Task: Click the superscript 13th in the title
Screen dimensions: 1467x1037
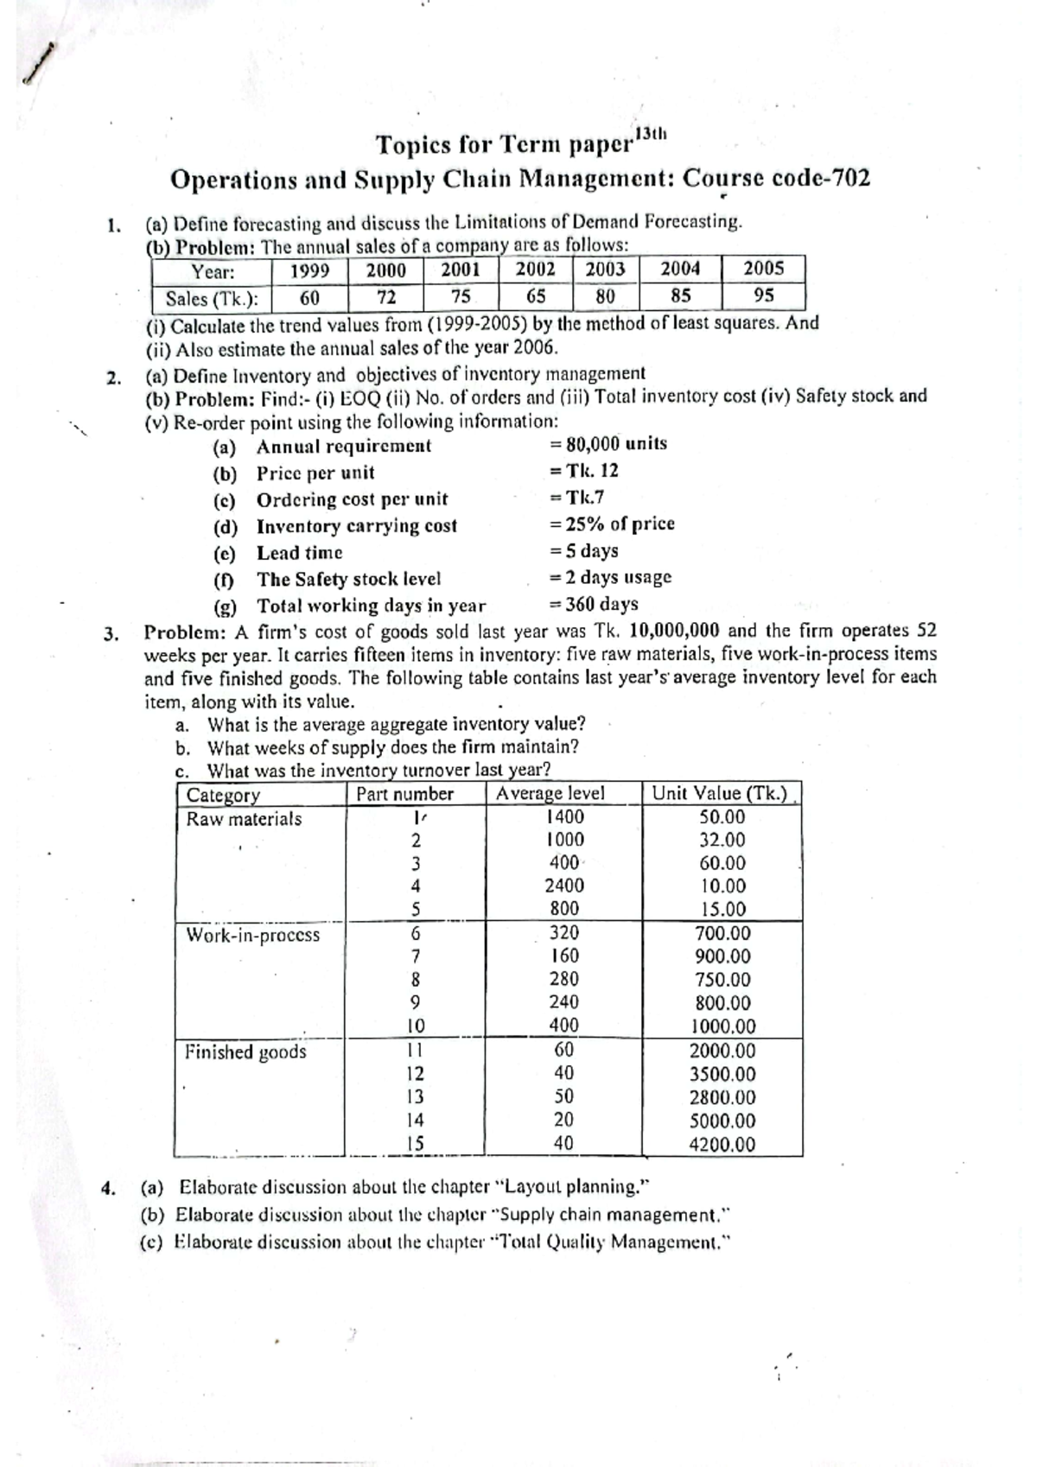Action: point(652,134)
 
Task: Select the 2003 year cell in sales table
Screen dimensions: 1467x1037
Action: point(605,270)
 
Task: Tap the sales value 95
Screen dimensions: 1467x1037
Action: point(763,295)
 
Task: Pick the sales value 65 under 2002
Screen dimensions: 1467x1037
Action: point(536,296)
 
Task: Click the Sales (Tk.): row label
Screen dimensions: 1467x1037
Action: point(212,299)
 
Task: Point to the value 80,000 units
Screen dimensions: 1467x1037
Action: point(615,444)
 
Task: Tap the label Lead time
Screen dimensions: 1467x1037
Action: point(299,553)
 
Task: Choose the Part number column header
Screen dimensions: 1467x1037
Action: point(404,794)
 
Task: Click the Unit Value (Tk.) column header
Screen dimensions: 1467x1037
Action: point(721,793)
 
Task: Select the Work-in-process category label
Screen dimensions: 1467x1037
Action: point(252,935)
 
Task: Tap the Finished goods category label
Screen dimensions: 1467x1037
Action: point(245,1051)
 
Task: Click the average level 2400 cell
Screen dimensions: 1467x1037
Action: point(564,886)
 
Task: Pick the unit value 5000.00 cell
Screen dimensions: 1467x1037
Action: point(722,1121)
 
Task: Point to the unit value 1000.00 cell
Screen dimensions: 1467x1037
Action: point(722,1027)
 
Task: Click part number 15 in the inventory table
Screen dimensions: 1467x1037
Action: point(416,1144)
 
